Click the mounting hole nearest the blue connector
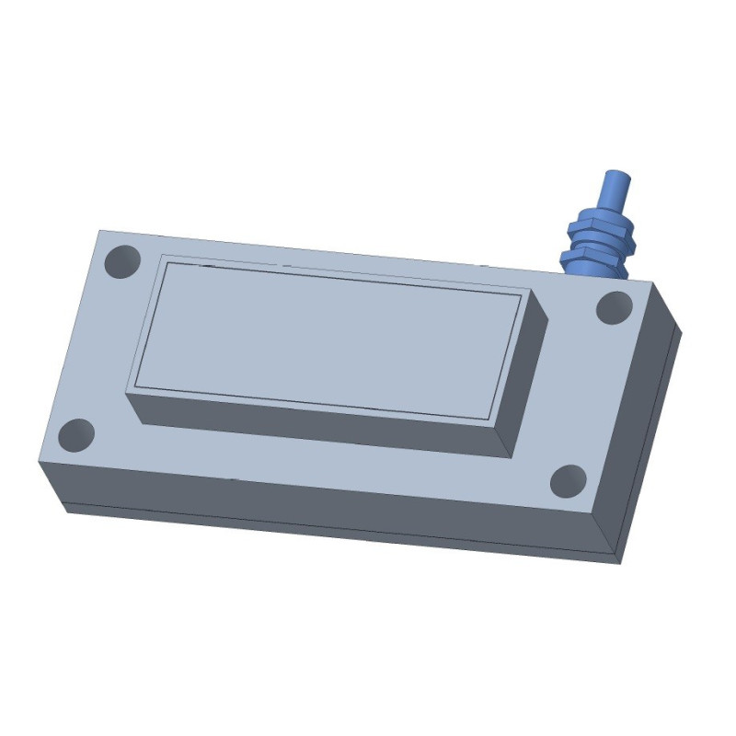coord(614,307)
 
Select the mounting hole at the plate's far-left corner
coord(121,261)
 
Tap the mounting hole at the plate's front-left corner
coord(76,434)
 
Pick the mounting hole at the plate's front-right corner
coord(568,480)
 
